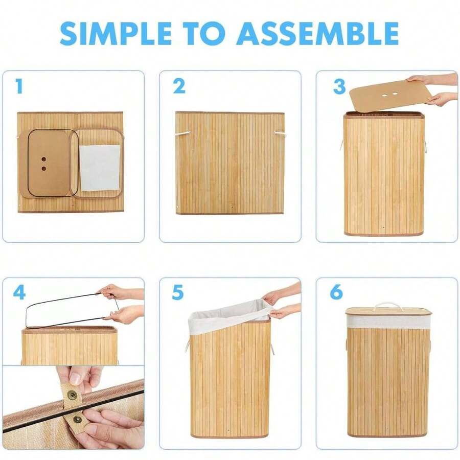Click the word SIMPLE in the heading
point(116,33)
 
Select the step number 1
point(19,86)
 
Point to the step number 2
point(179,86)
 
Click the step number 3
point(339,86)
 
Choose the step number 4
point(19,292)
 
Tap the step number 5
point(178,292)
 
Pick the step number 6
point(336,292)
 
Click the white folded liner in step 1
point(100,168)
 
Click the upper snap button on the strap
point(71,395)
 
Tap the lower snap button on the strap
point(78,420)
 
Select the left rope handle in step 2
point(183,133)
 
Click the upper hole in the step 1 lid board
point(44,159)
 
